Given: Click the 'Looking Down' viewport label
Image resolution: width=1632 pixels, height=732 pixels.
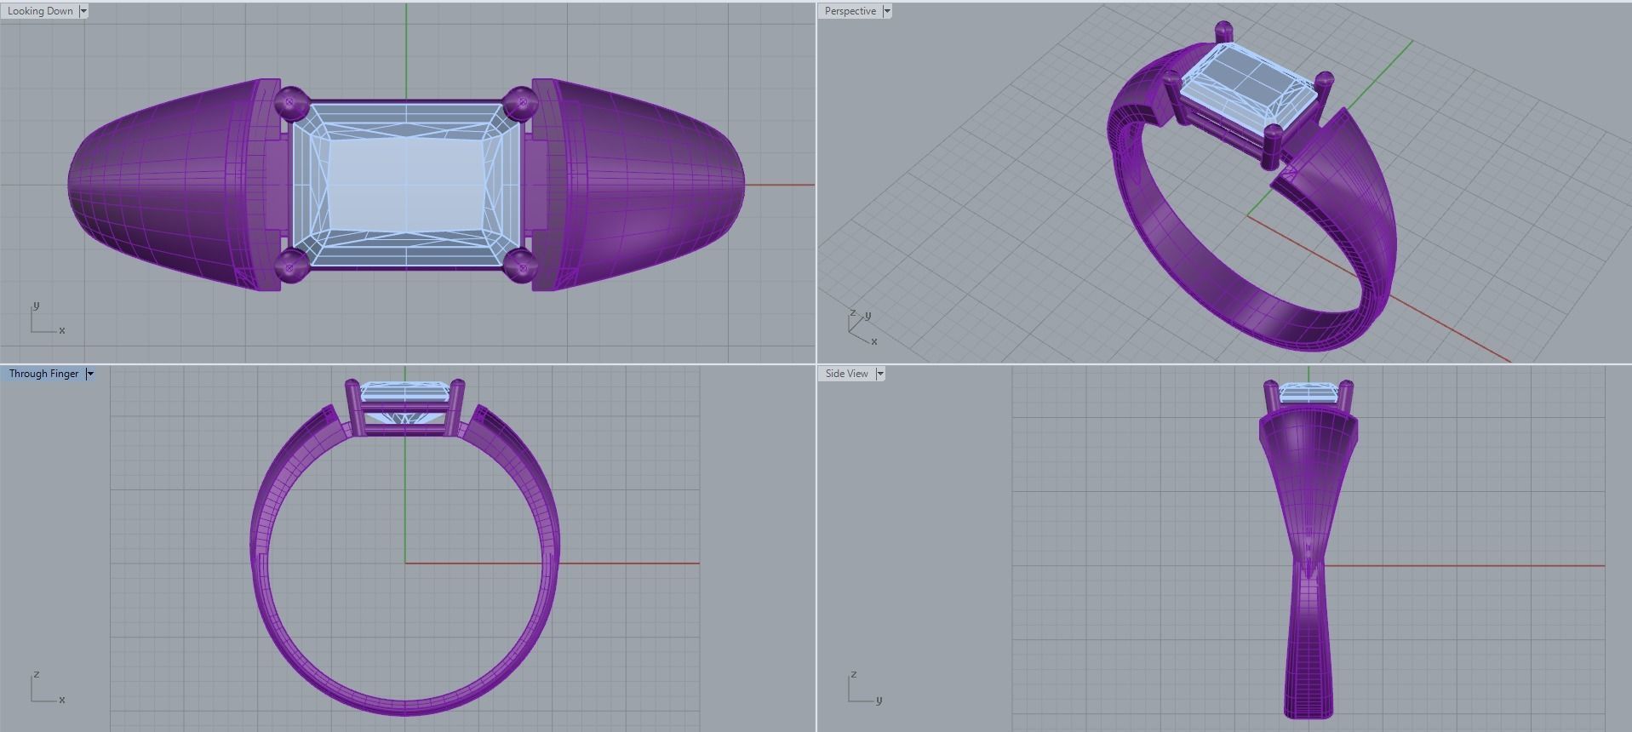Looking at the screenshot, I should coord(40,11).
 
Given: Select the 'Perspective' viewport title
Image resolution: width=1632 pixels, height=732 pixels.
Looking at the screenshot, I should coord(850,11).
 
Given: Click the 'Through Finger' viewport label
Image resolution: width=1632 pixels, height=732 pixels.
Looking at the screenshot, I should coord(43,374).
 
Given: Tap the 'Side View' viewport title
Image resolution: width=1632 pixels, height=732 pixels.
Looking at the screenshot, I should coord(846,374).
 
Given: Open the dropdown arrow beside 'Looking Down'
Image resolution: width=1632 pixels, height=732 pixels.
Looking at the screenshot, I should coord(83,11).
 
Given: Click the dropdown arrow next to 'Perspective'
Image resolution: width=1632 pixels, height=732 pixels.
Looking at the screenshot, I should coord(887,11).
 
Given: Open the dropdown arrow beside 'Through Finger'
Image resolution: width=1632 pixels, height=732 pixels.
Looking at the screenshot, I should coord(90,374).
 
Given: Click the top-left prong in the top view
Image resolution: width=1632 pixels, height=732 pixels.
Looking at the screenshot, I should coord(290,102).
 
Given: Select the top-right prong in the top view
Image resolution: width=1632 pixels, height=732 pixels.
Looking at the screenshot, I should coord(519,103).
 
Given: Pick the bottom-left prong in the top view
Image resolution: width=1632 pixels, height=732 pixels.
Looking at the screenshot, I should coord(290,266).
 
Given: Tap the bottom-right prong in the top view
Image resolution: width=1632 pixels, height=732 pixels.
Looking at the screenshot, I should coord(519,266).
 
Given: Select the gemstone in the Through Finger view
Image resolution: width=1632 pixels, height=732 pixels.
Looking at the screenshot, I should coord(405,393).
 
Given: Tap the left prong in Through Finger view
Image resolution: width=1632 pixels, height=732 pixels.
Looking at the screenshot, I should coord(352,407).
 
